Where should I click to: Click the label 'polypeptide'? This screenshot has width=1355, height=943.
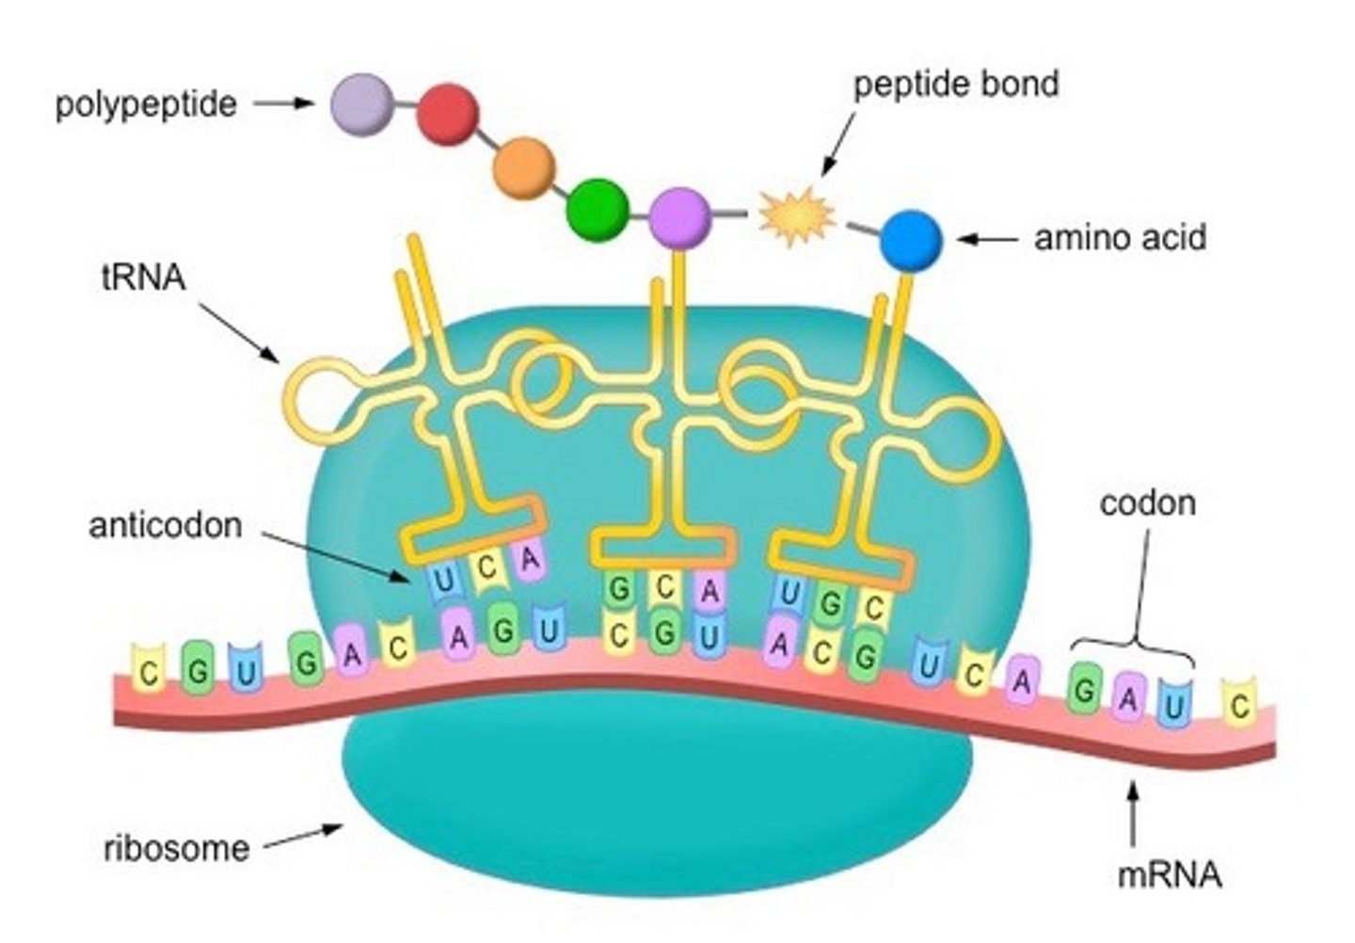pos(146,104)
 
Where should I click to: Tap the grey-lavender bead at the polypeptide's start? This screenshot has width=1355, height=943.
pos(362,104)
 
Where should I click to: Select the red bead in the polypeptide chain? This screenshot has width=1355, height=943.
pos(448,115)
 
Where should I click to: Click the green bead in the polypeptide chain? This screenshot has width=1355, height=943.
pos(597,207)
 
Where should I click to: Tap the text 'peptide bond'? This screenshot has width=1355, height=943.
pos(955,85)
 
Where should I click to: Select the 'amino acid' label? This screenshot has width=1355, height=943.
pos(1120,237)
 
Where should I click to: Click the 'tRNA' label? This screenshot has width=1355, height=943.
pos(143,278)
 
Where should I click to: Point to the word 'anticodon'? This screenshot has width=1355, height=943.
pos(166,525)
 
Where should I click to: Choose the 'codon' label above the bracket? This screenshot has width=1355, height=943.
pos(1147,503)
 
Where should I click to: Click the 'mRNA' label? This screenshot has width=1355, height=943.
pos(1169,875)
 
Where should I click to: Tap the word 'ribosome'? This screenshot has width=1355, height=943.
pos(176,848)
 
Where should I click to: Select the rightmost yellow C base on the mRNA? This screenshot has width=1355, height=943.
pos(1239,704)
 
